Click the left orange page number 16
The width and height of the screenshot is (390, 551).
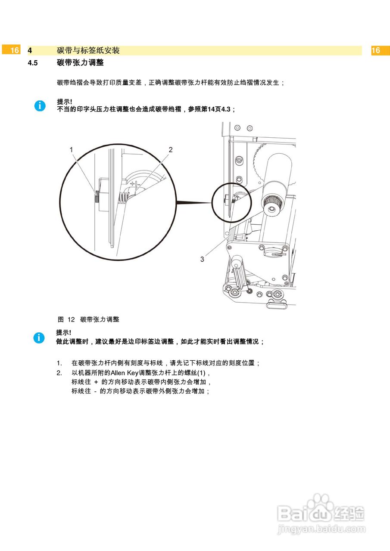click(x=15, y=50)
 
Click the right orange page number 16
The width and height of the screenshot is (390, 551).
click(x=376, y=50)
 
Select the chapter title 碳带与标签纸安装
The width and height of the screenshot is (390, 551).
click(x=88, y=50)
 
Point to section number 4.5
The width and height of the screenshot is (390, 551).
click(x=33, y=63)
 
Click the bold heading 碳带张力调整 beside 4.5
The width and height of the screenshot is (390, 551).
click(x=80, y=63)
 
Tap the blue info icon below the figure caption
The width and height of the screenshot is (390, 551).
click(x=39, y=338)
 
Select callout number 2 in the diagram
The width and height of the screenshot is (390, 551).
click(x=171, y=150)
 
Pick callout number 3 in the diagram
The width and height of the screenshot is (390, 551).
click(x=202, y=259)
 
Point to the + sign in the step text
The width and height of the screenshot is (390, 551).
click(x=96, y=382)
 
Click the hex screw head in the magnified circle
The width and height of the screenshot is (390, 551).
click(x=97, y=198)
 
